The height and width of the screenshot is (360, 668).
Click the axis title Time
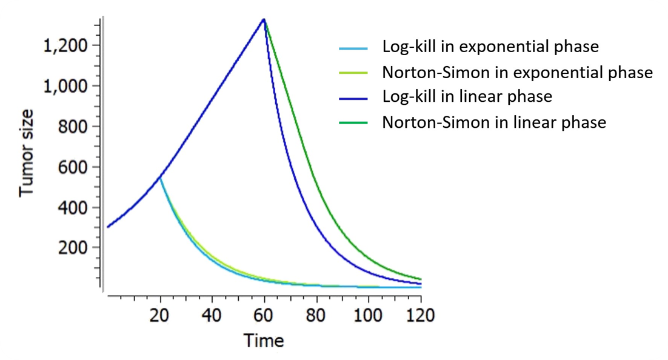[264, 340]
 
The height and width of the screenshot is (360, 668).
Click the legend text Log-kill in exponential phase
[490, 47]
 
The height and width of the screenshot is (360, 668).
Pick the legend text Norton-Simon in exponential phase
[517, 73]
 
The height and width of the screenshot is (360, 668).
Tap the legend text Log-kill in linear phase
[467, 96]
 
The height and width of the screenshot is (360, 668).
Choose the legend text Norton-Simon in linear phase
[494, 122]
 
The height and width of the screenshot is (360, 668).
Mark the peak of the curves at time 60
[264, 19]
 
